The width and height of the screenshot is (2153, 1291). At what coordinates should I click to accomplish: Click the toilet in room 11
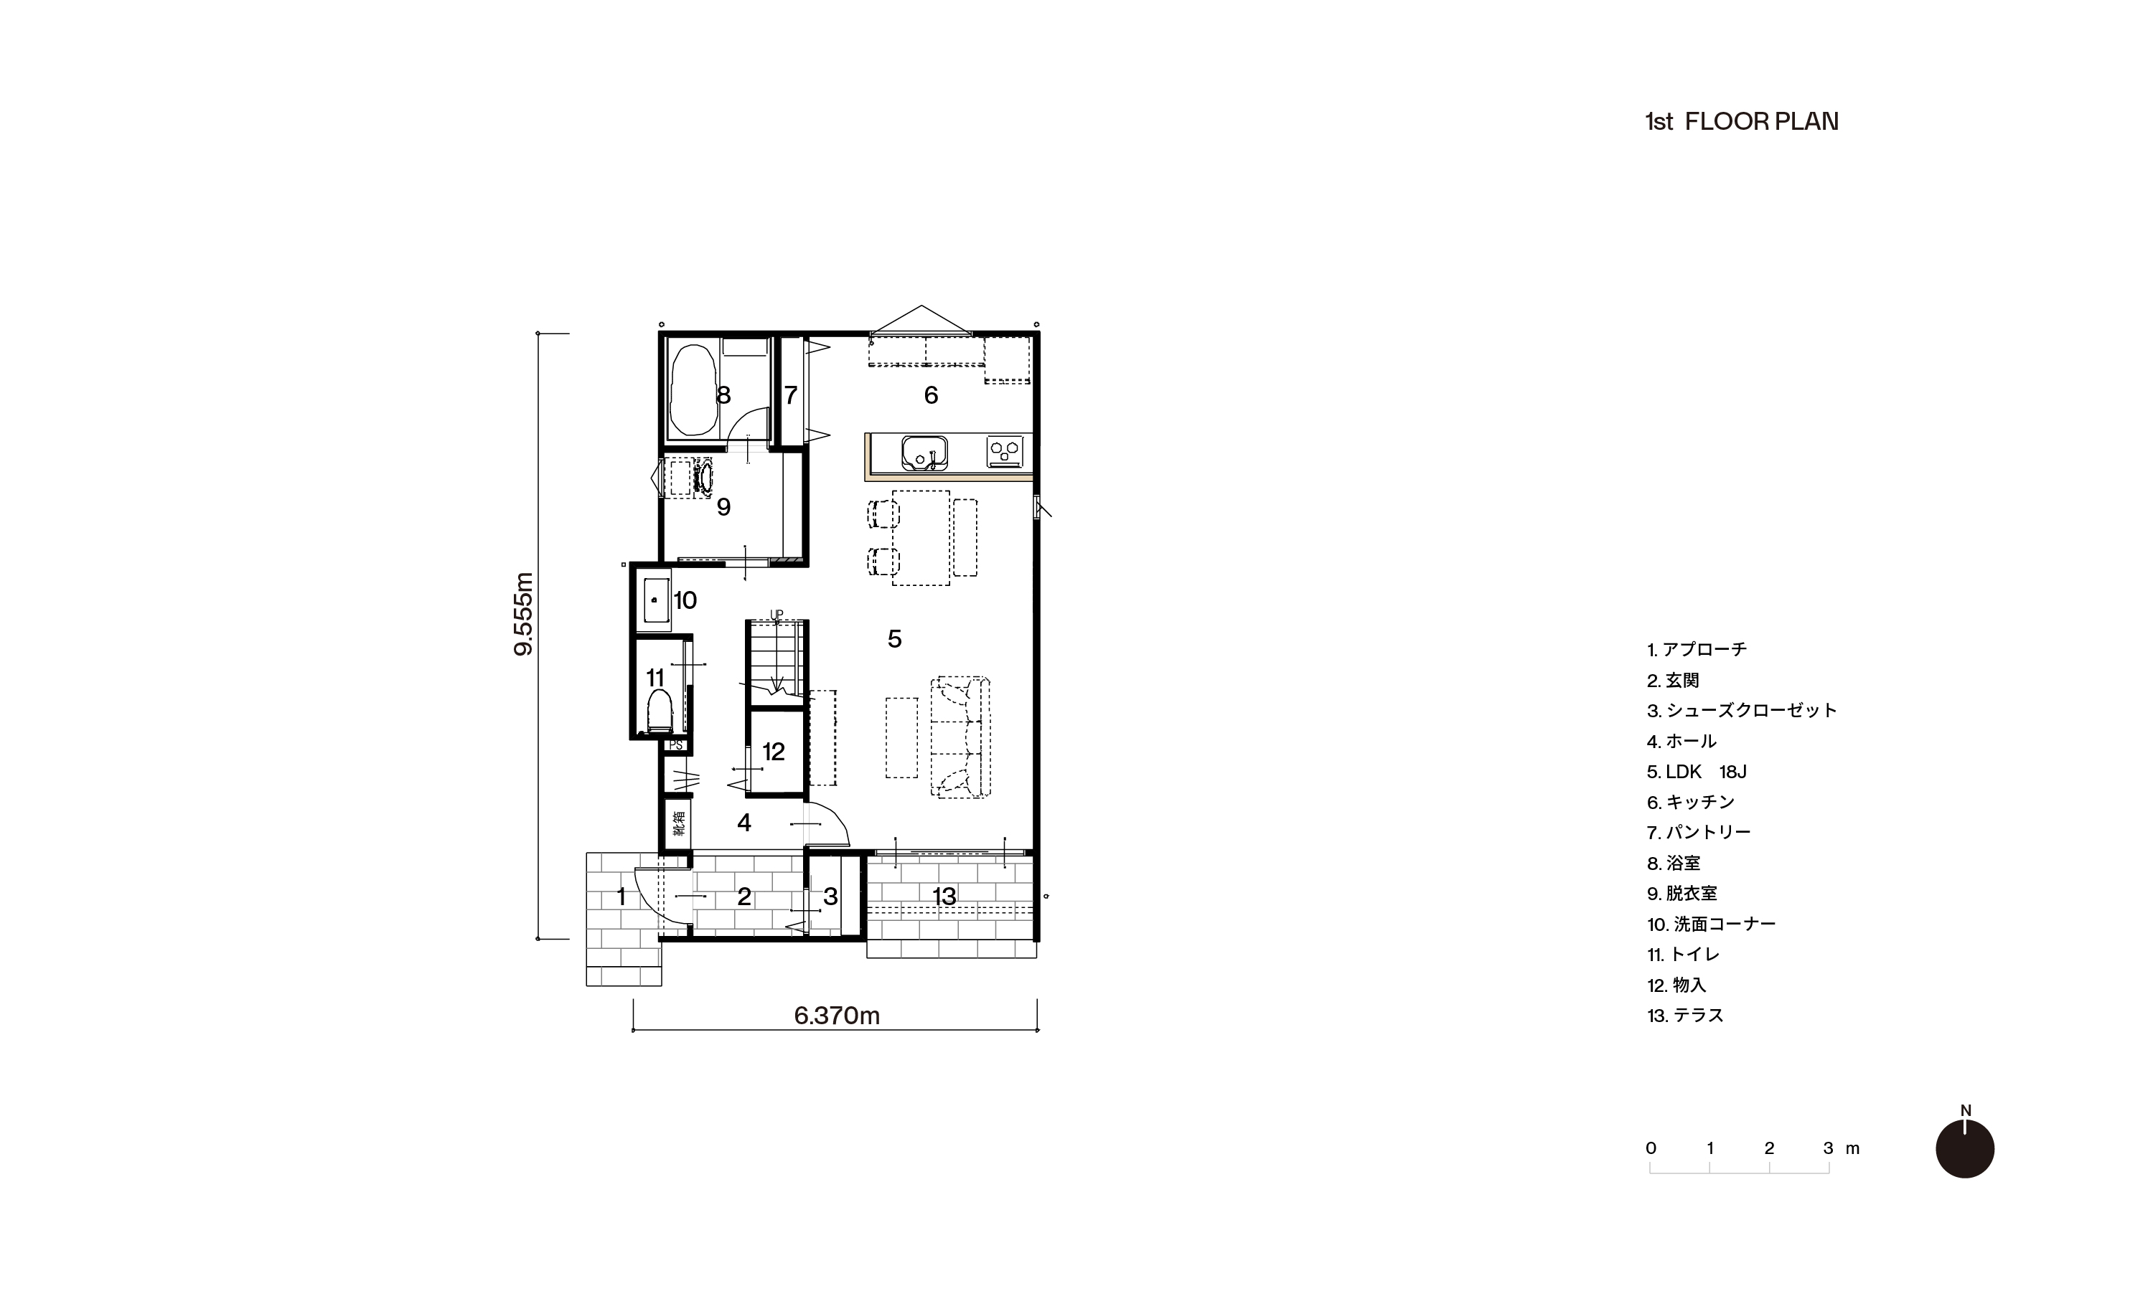(x=660, y=711)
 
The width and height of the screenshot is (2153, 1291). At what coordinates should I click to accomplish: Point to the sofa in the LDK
(x=961, y=737)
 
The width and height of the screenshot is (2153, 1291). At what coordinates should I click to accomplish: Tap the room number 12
(x=774, y=752)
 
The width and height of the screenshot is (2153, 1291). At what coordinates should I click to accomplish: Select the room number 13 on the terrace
(x=944, y=896)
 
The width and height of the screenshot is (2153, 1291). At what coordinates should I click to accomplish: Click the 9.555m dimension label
(x=524, y=613)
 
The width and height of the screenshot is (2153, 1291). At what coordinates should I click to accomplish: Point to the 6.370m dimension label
(x=838, y=1015)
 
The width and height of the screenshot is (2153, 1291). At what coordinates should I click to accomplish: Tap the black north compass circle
(x=1965, y=1148)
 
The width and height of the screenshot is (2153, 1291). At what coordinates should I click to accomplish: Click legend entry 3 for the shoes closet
(x=1741, y=711)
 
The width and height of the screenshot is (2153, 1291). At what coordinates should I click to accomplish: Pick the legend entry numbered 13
(x=1685, y=1015)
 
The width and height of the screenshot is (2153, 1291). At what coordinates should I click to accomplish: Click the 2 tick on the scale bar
(x=1769, y=1148)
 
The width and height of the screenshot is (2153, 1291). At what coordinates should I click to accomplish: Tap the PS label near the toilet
(x=675, y=745)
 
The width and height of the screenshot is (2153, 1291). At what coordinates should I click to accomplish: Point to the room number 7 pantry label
(x=790, y=396)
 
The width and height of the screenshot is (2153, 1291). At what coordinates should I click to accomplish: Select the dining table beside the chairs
(x=921, y=538)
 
